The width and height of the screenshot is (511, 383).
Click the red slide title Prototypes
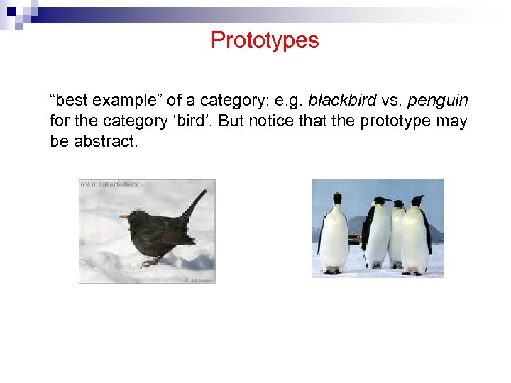coord(265,40)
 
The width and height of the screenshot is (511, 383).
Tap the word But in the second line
coord(231,121)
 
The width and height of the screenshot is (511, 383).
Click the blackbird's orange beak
coord(124,216)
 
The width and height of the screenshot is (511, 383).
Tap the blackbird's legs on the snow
coord(148,262)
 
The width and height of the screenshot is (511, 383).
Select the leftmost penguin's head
coord(337,199)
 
